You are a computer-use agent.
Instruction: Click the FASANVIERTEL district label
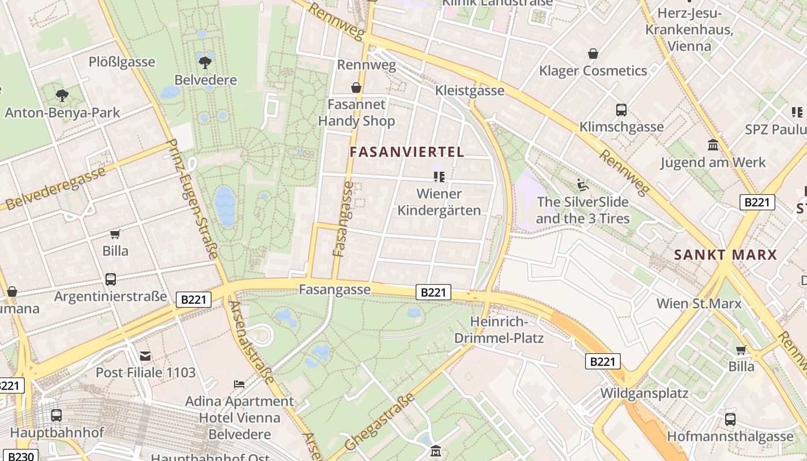pyautogui.click(x=407, y=152)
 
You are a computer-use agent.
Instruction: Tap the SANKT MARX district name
pyautogui.click(x=726, y=255)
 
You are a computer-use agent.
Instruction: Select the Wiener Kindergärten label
pyautogui.click(x=439, y=202)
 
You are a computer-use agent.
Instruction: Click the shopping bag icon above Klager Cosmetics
pyautogui.click(x=593, y=54)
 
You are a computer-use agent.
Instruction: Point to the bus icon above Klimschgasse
pyautogui.click(x=621, y=110)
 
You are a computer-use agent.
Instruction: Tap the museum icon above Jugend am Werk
pyautogui.click(x=713, y=145)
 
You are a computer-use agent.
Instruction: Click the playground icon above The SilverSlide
pyautogui.click(x=583, y=186)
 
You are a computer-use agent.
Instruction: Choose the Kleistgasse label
pyautogui.click(x=470, y=90)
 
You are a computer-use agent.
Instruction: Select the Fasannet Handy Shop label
pyautogui.click(x=356, y=113)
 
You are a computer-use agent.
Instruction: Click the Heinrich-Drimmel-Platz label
pyautogui.click(x=499, y=330)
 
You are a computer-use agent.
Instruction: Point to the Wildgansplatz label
pyautogui.click(x=644, y=394)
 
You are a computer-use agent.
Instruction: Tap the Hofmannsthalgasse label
pyautogui.click(x=730, y=436)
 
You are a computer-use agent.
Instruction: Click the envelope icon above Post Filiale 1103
pyautogui.click(x=145, y=356)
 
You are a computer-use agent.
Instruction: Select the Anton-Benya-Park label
pyautogui.click(x=62, y=112)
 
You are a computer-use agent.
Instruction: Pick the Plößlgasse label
pyautogui.click(x=122, y=62)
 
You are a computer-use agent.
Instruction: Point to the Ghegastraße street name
pyautogui.click(x=379, y=422)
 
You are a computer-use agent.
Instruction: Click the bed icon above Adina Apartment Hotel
pyautogui.click(x=239, y=384)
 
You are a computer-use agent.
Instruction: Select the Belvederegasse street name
pyautogui.click(x=56, y=188)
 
